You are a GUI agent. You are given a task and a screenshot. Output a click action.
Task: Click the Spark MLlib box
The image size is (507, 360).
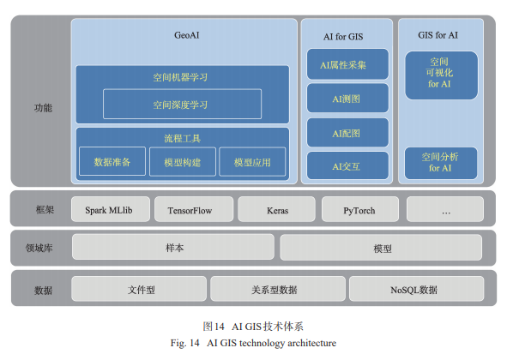(111, 209)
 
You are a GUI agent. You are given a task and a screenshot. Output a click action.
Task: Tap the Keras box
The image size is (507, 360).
(277, 209)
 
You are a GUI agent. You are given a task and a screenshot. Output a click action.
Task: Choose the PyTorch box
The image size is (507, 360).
(359, 209)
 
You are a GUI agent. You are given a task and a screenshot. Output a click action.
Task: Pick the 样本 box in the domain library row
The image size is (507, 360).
(174, 248)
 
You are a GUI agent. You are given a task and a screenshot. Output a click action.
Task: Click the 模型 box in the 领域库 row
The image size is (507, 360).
(382, 248)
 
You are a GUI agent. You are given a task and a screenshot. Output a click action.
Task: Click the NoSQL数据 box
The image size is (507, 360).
(413, 289)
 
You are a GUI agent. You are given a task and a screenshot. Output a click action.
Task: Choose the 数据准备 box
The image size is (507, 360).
(112, 161)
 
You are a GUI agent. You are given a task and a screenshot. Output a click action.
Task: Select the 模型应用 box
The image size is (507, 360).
(250, 161)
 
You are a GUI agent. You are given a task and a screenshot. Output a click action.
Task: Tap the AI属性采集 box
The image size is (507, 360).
(347, 64)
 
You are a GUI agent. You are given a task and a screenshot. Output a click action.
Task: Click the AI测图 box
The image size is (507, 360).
(347, 99)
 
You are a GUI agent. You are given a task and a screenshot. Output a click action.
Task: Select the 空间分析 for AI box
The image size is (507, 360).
(440, 162)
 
